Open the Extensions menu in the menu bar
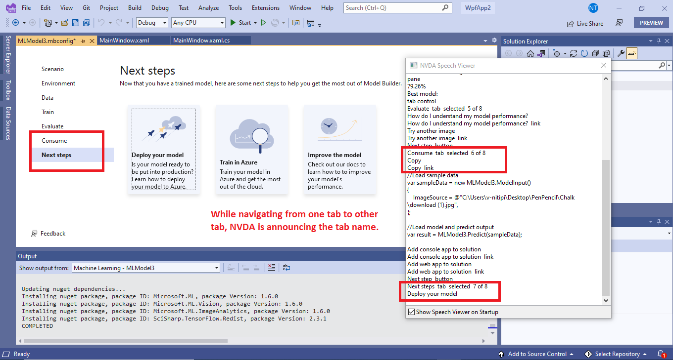265,8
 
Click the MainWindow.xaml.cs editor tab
201,40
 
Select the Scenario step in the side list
52,69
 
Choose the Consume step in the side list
54,141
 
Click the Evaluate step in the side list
52,126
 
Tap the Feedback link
52,234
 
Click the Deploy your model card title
157,155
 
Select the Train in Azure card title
239,162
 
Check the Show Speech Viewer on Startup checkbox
411,312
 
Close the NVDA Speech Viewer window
603,65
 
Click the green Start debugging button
234,23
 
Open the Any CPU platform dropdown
198,23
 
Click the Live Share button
585,23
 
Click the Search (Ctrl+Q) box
397,8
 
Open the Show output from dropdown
146,268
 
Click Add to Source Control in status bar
536,354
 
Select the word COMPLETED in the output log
37,326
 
